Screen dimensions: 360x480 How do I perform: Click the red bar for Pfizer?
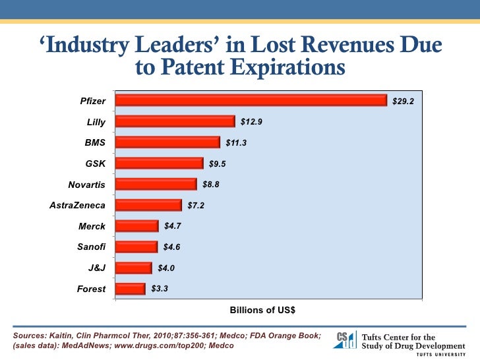point(251,100)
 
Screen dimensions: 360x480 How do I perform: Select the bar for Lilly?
point(175,121)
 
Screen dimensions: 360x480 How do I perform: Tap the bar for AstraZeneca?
point(148,205)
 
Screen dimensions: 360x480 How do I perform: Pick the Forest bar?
point(130,289)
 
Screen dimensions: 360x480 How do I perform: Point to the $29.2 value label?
point(403,101)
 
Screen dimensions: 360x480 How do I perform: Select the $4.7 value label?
point(173,226)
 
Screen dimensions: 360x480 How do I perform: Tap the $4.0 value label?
point(166,268)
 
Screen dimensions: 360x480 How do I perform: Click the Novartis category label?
point(86,185)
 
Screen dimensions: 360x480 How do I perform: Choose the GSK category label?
point(95,164)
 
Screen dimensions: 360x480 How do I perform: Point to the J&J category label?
point(96,268)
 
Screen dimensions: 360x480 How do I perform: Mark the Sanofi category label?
point(92,247)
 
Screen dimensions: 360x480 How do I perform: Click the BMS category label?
point(95,142)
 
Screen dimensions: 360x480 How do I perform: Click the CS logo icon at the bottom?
point(346,339)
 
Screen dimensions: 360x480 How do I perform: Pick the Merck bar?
point(136,226)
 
